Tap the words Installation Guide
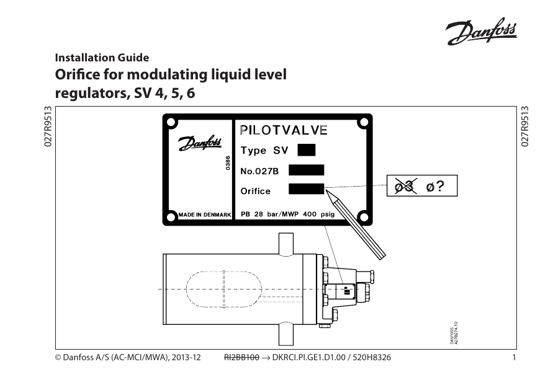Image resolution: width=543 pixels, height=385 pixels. [102, 58]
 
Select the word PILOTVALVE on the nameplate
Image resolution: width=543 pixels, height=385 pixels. [284, 130]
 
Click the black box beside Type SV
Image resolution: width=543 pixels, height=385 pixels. [307, 149]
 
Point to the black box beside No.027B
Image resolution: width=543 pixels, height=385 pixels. [307, 169]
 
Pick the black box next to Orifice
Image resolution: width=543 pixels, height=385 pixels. [307, 188]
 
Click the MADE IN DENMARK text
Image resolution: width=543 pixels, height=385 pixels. [204, 215]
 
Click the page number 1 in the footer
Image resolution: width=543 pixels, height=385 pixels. [514, 358]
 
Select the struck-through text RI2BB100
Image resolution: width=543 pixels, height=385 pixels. [241, 358]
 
